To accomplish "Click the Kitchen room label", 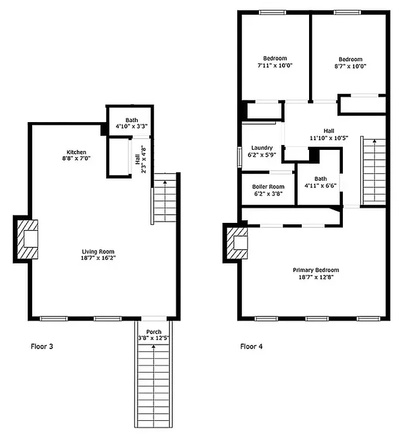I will pos(76,152).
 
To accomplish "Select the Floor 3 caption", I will pos(42,346).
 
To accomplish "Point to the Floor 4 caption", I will pos(252,346).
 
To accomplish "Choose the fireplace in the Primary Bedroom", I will pos(237,243).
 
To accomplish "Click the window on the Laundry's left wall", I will pos(239,156).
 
